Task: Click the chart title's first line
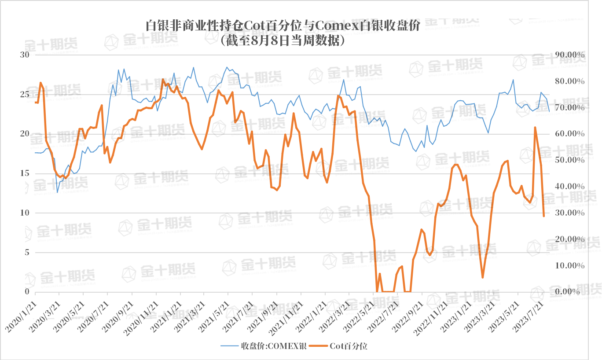(x=283, y=26)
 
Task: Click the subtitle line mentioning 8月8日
(x=283, y=40)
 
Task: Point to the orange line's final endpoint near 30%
(x=544, y=216)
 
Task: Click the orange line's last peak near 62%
(x=535, y=127)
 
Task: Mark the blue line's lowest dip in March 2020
(x=57, y=192)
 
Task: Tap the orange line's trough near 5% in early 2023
(x=483, y=277)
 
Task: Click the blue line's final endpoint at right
(x=549, y=112)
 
